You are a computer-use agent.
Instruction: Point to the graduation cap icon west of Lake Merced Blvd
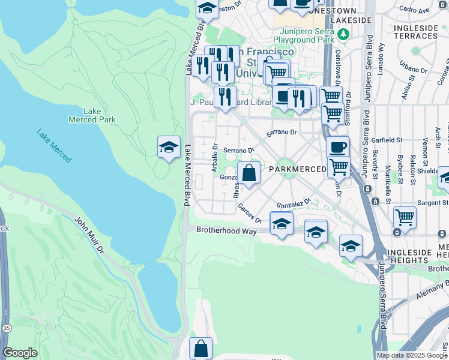coord(169,148)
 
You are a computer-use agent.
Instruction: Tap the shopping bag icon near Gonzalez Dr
coord(249,173)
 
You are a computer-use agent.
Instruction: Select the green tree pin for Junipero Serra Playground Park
coord(342,35)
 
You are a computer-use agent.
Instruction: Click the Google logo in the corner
coord(20,353)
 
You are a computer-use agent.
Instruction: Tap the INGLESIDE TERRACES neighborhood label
coord(416,32)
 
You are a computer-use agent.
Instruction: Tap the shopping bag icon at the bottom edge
coord(200,349)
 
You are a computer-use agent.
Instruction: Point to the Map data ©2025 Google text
coord(411,355)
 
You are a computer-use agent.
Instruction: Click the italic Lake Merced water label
coord(53,146)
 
